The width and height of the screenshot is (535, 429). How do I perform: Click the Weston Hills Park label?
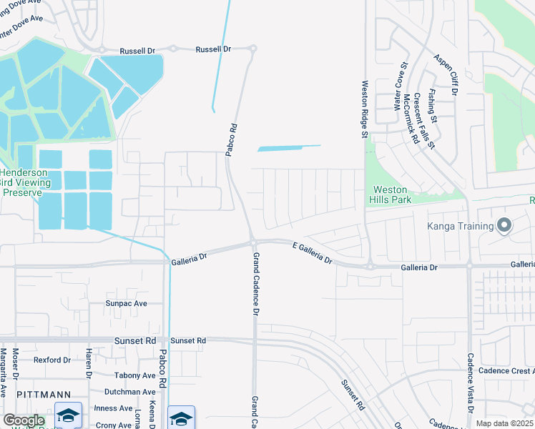(391, 194)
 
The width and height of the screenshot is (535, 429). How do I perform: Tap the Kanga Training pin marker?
(504, 226)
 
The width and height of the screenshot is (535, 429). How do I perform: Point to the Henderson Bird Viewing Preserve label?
(25, 182)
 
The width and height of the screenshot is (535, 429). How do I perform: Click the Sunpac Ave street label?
(126, 303)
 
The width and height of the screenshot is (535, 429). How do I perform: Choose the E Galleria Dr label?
(313, 252)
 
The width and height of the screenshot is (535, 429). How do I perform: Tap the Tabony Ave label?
(134, 375)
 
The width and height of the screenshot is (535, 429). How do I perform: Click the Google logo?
(23, 420)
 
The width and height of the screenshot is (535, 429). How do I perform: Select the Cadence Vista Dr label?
(471, 383)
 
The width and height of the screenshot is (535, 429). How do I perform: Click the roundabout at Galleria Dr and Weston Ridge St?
(370, 267)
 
